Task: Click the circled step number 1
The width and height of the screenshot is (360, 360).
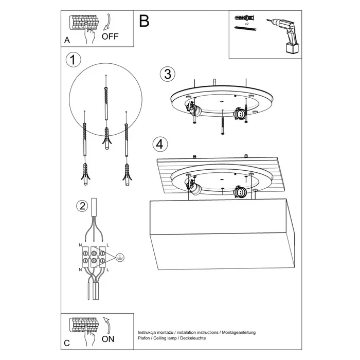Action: point(74,60)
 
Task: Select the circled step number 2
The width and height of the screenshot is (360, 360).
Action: point(81,207)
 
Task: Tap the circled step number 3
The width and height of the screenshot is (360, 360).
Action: point(166,74)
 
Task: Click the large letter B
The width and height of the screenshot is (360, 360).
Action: point(144,21)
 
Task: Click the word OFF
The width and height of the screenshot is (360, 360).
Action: point(111,37)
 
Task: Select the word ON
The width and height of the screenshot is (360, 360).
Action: point(109,339)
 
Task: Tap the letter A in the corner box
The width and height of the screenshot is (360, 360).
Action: point(67,40)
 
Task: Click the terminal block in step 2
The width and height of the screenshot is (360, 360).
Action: point(94,257)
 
